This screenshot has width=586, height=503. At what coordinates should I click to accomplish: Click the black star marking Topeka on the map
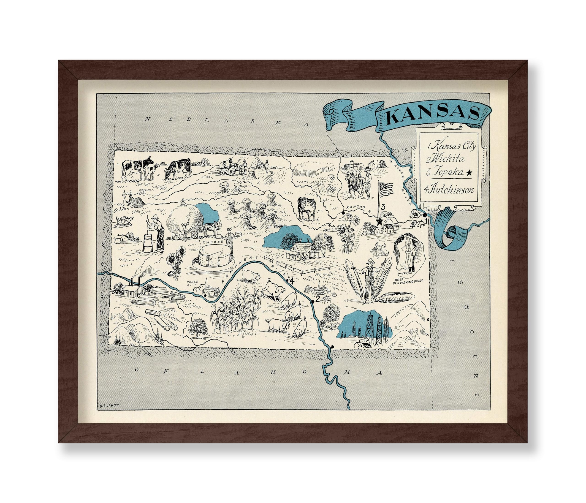[x=379, y=221]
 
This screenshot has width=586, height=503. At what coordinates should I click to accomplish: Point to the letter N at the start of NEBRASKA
[x=147, y=119]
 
